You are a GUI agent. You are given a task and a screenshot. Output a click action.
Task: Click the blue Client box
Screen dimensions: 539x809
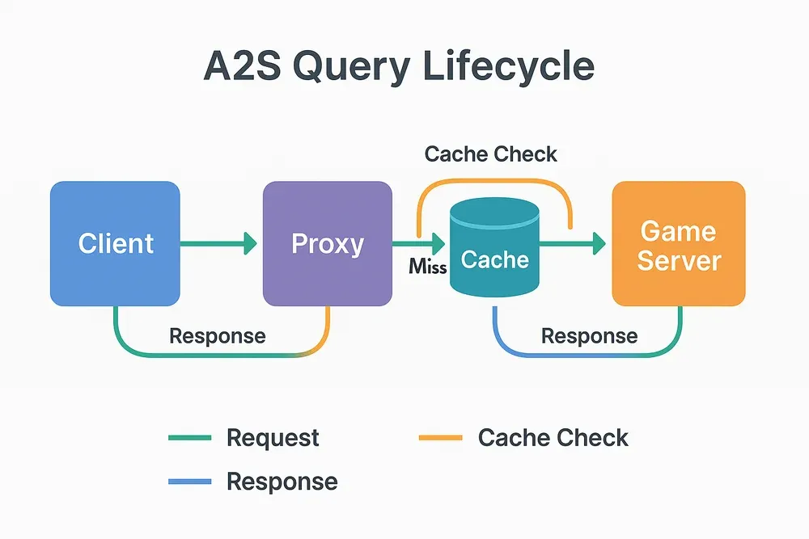point(115,243)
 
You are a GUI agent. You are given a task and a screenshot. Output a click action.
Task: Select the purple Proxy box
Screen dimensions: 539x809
point(327,243)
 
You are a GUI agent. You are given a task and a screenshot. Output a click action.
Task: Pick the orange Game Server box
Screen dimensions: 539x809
point(678,243)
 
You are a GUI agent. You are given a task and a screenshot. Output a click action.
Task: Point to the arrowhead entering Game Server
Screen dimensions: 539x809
point(599,242)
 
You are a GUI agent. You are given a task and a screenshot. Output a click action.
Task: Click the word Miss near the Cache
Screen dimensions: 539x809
point(428,266)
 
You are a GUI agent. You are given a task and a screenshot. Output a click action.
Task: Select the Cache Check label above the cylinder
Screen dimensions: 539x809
point(491,154)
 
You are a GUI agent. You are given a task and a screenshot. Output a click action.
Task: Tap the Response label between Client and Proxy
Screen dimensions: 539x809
point(217,335)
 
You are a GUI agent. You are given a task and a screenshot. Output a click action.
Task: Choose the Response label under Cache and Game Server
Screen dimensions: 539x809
point(589,335)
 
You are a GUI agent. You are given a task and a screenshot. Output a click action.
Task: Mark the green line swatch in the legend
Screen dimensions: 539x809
point(189,438)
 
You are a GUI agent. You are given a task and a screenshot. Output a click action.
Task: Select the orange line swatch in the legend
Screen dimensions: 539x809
point(440,438)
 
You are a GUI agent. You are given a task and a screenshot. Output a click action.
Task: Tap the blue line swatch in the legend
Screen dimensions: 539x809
point(189,482)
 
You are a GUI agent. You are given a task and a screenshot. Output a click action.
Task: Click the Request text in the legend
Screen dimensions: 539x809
point(273,438)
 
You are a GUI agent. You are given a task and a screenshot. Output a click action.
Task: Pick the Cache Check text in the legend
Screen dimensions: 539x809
point(553,438)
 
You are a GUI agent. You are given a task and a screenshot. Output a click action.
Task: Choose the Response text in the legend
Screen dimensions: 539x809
point(282,482)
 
